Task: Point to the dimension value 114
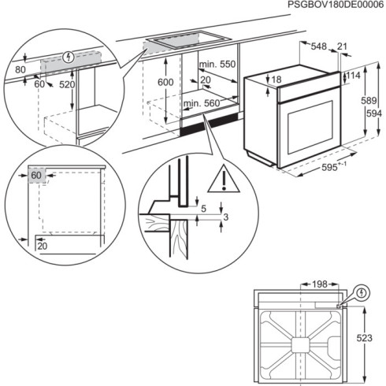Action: click(354, 76)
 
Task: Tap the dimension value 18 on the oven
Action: click(276, 80)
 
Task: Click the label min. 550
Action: click(217, 64)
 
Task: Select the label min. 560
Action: click(202, 104)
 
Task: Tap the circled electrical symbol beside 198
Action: click(361, 293)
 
